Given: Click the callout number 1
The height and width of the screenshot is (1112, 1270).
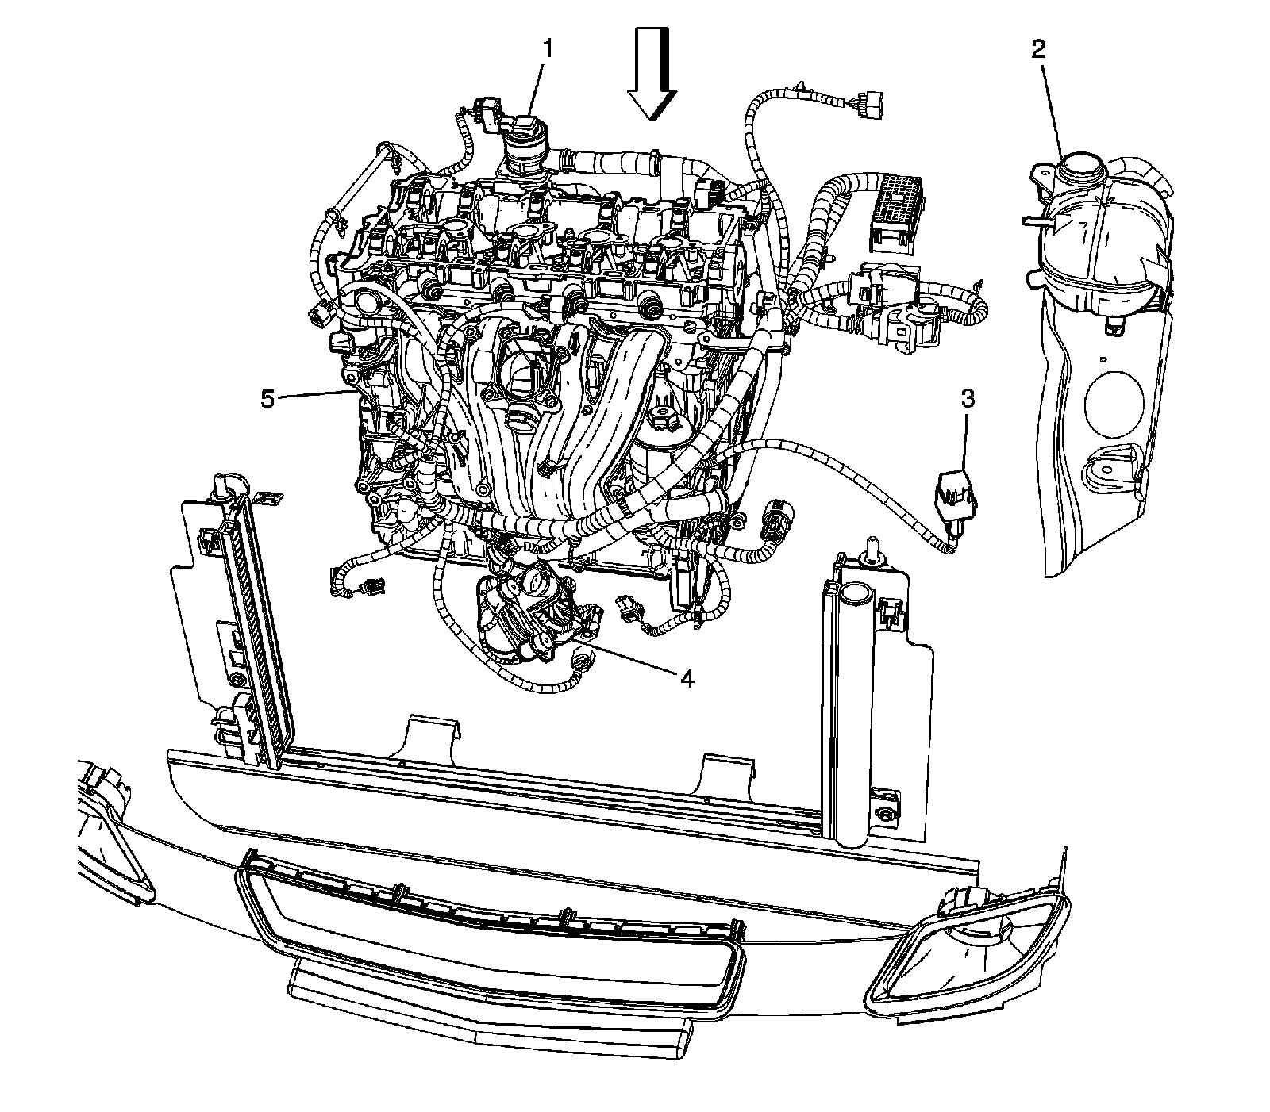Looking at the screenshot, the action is [x=547, y=49].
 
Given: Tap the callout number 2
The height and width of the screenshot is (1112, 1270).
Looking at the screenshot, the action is [x=1039, y=49].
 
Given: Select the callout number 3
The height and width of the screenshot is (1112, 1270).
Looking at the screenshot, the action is [x=968, y=400].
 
